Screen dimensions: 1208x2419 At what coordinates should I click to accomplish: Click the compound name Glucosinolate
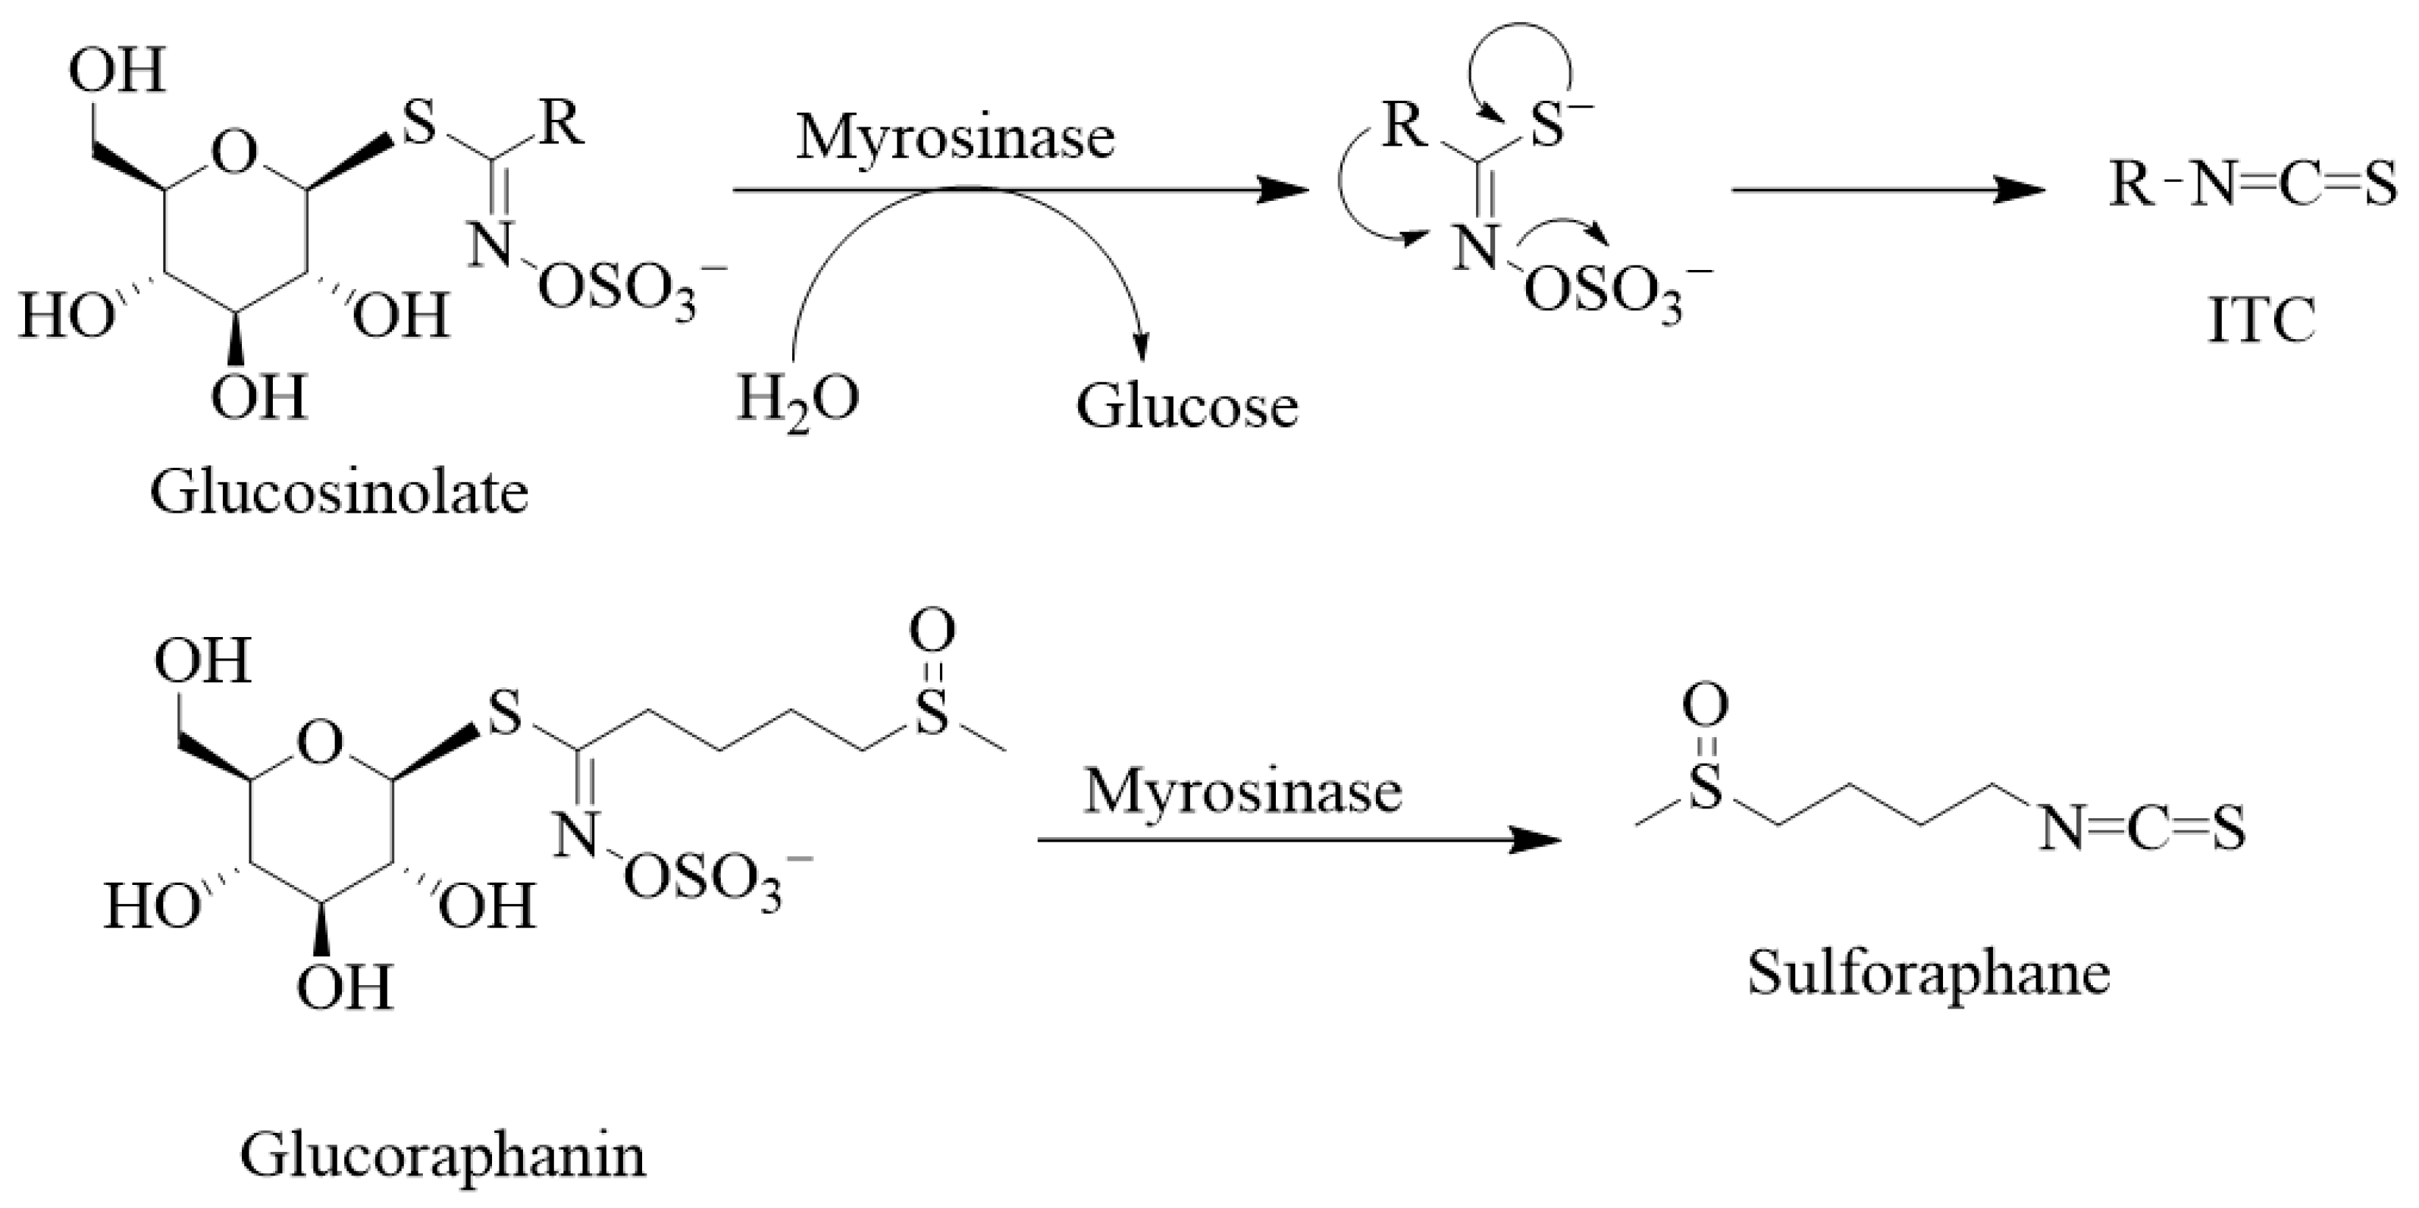pos(339,492)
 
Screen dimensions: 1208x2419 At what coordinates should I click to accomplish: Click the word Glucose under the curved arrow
pos(1187,406)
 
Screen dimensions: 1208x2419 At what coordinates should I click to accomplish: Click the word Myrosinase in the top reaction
pos(955,137)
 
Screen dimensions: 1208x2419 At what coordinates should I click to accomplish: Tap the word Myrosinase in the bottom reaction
pos(1242,791)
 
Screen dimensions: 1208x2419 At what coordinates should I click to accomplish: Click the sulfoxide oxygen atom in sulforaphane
pos(1704,707)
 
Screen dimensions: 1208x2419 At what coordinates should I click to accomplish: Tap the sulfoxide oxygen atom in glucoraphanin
pos(932,632)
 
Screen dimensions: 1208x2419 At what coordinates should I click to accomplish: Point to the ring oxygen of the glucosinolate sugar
pos(233,154)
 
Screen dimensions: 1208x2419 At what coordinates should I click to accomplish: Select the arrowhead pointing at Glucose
pos(1141,350)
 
